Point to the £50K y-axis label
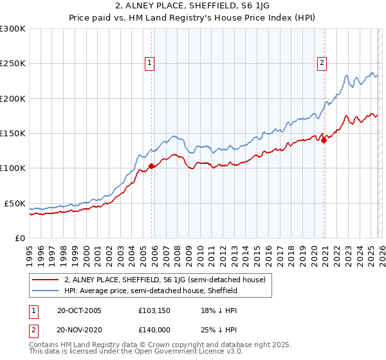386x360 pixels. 15,203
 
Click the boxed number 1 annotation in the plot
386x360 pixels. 149,63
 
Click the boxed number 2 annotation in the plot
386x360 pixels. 321,63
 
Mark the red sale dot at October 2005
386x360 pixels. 152,166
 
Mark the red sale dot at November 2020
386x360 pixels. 324,141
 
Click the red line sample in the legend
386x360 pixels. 45,280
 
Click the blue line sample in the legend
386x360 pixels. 45,291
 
